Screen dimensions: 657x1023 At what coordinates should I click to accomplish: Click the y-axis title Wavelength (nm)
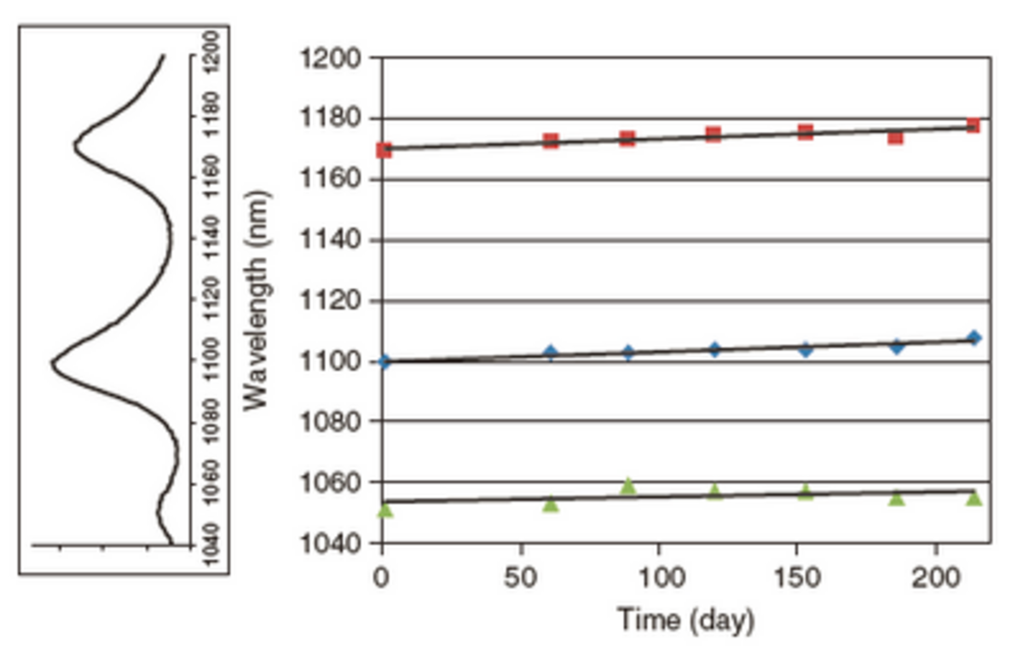pos(256,299)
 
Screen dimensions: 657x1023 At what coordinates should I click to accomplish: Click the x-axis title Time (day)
pos(685,620)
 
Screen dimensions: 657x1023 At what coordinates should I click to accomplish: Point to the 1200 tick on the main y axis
pos(333,59)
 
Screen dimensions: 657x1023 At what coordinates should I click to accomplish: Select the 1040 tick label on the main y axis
pos(333,544)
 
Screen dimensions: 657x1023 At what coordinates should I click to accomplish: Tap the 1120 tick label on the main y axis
pos(333,302)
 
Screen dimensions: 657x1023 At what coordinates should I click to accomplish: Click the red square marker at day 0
pos(384,151)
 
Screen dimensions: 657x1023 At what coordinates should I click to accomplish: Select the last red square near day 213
pos(973,125)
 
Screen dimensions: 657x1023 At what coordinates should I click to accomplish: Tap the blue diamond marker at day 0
pos(384,361)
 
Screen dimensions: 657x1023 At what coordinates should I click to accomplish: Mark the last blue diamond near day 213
pos(974,338)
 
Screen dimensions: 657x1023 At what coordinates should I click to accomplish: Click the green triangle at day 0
pos(384,510)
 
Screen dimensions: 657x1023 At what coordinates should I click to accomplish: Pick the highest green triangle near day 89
pos(628,486)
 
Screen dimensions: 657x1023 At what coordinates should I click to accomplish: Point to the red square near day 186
pos(895,136)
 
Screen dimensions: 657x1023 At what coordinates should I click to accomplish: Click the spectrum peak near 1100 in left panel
pos(53,361)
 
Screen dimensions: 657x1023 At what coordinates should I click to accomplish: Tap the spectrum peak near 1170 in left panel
pos(75,145)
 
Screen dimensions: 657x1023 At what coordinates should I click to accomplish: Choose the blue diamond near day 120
pos(714,349)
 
